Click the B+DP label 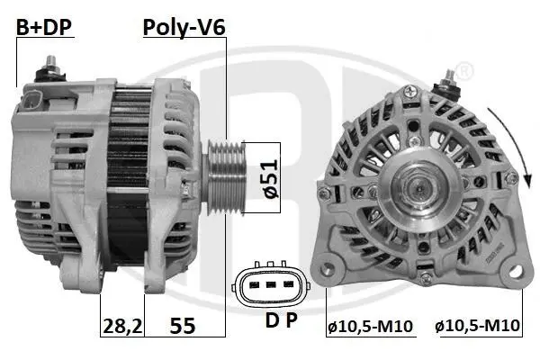pyautogui.click(x=44, y=27)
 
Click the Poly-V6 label pyautogui.click(x=184, y=27)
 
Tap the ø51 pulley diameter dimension pyautogui.click(x=272, y=178)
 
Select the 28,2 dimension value pyautogui.click(x=122, y=326)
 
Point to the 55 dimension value pyautogui.click(x=183, y=326)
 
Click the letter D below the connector pyautogui.click(x=272, y=320)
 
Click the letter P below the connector pyautogui.click(x=292, y=320)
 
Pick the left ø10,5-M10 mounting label pyautogui.click(x=370, y=326)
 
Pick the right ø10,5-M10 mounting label pyautogui.click(x=477, y=326)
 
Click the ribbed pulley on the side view pyautogui.click(x=226, y=177)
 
